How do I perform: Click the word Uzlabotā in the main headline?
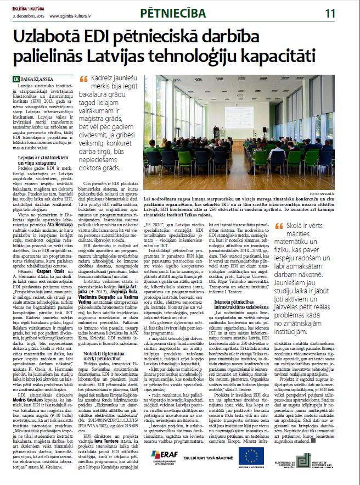tap(53, 38)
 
